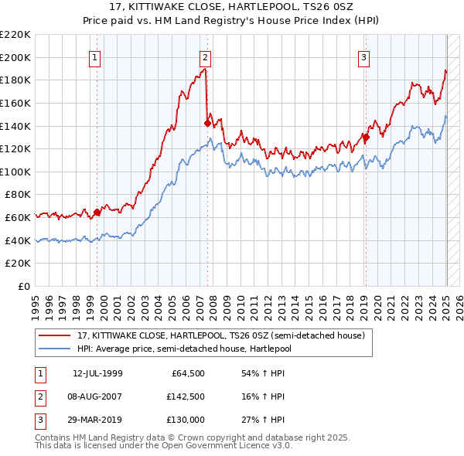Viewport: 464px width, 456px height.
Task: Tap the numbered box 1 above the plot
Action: click(94, 56)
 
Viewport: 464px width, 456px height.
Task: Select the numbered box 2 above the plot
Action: click(206, 56)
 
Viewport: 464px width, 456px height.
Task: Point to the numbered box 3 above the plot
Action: click(363, 56)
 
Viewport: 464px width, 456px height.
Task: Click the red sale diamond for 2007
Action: click(207, 122)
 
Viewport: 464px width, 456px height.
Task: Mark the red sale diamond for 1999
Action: click(97, 212)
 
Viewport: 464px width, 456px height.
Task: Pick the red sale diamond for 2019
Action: click(367, 137)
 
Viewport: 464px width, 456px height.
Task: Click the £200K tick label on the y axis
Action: click(17, 57)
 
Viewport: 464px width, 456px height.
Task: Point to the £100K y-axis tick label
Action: click(17, 172)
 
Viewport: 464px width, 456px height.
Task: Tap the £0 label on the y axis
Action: click(25, 287)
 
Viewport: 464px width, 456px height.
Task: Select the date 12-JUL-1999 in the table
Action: click(97, 374)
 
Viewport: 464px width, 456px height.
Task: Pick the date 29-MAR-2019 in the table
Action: click(97, 420)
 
